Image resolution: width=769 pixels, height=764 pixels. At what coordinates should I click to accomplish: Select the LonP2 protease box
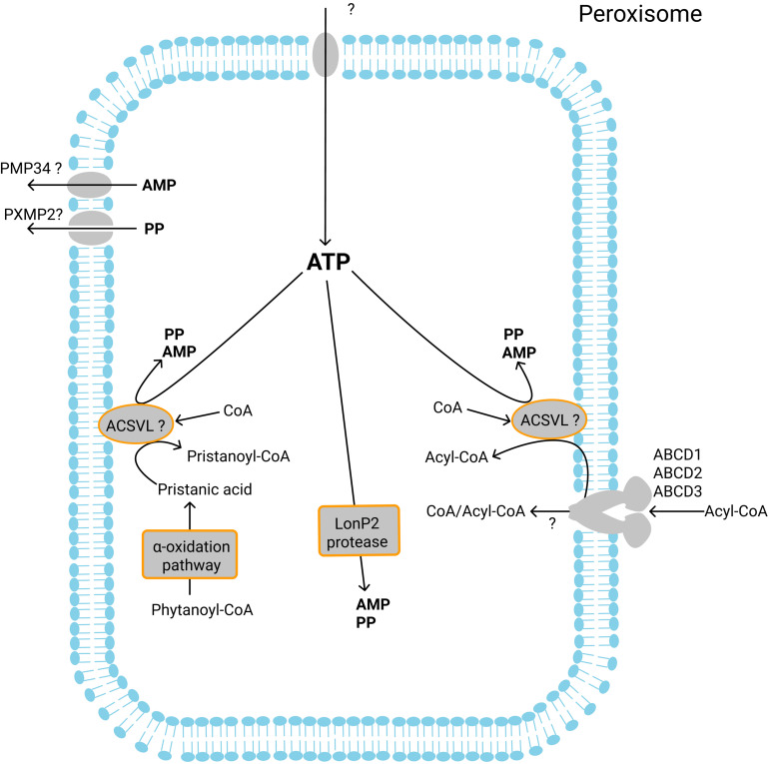(x=360, y=528)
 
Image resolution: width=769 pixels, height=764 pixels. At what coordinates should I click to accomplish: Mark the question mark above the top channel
(x=349, y=10)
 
